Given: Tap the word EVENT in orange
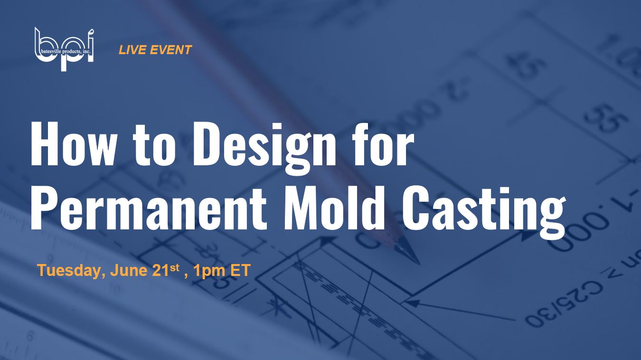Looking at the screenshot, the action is [170, 50].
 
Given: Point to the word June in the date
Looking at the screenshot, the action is [129, 270].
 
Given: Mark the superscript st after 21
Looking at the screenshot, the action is [175, 268].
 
